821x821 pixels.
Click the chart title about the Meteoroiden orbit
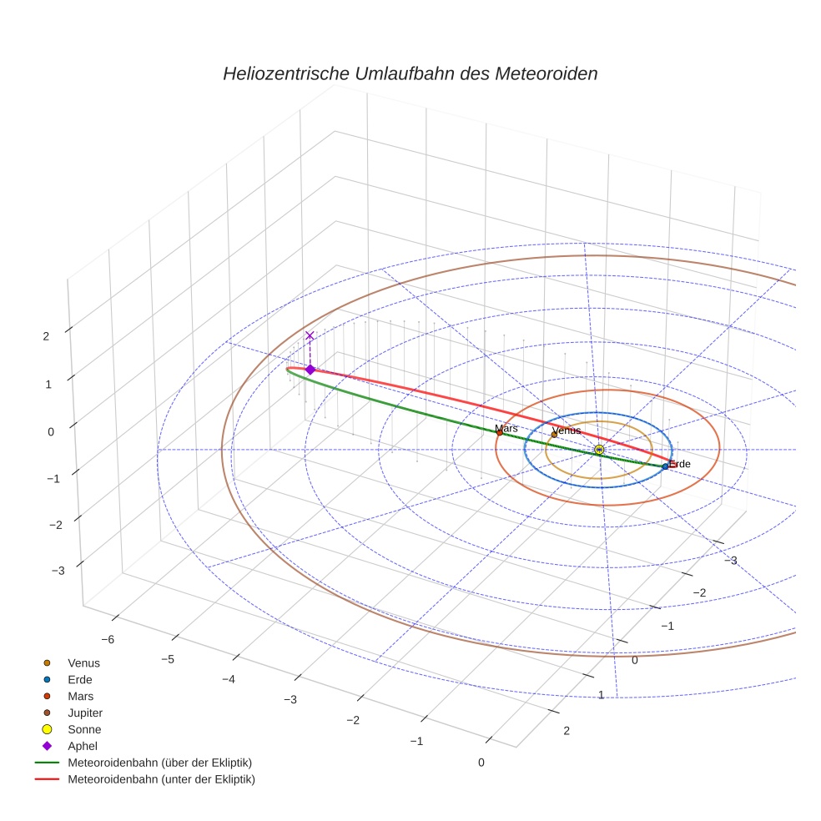coord(410,73)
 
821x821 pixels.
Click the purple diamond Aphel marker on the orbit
coord(310,369)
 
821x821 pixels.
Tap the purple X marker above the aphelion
coord(310,335)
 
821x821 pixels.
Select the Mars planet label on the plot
coord(506,428)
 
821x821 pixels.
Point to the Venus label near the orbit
coord(567,430)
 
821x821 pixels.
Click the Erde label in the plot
coord(680,463)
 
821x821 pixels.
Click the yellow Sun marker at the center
coord(599,450)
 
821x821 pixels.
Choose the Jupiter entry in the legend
coord(85,713)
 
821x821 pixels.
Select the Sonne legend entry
coord(83,729)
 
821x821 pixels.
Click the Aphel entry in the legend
coord(83,746)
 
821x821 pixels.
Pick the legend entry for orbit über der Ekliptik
coord(159,763)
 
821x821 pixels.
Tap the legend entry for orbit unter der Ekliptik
coord(161,779)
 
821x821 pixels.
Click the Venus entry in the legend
coord(83,662)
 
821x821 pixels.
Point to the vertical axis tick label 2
coord(46,335)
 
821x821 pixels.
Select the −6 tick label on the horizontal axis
coord(108,638)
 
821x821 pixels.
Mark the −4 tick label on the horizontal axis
coord(228,679)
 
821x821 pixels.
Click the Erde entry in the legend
coord(80,679)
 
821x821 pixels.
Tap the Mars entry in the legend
coord(80,696)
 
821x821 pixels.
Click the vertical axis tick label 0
coord(50,431)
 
